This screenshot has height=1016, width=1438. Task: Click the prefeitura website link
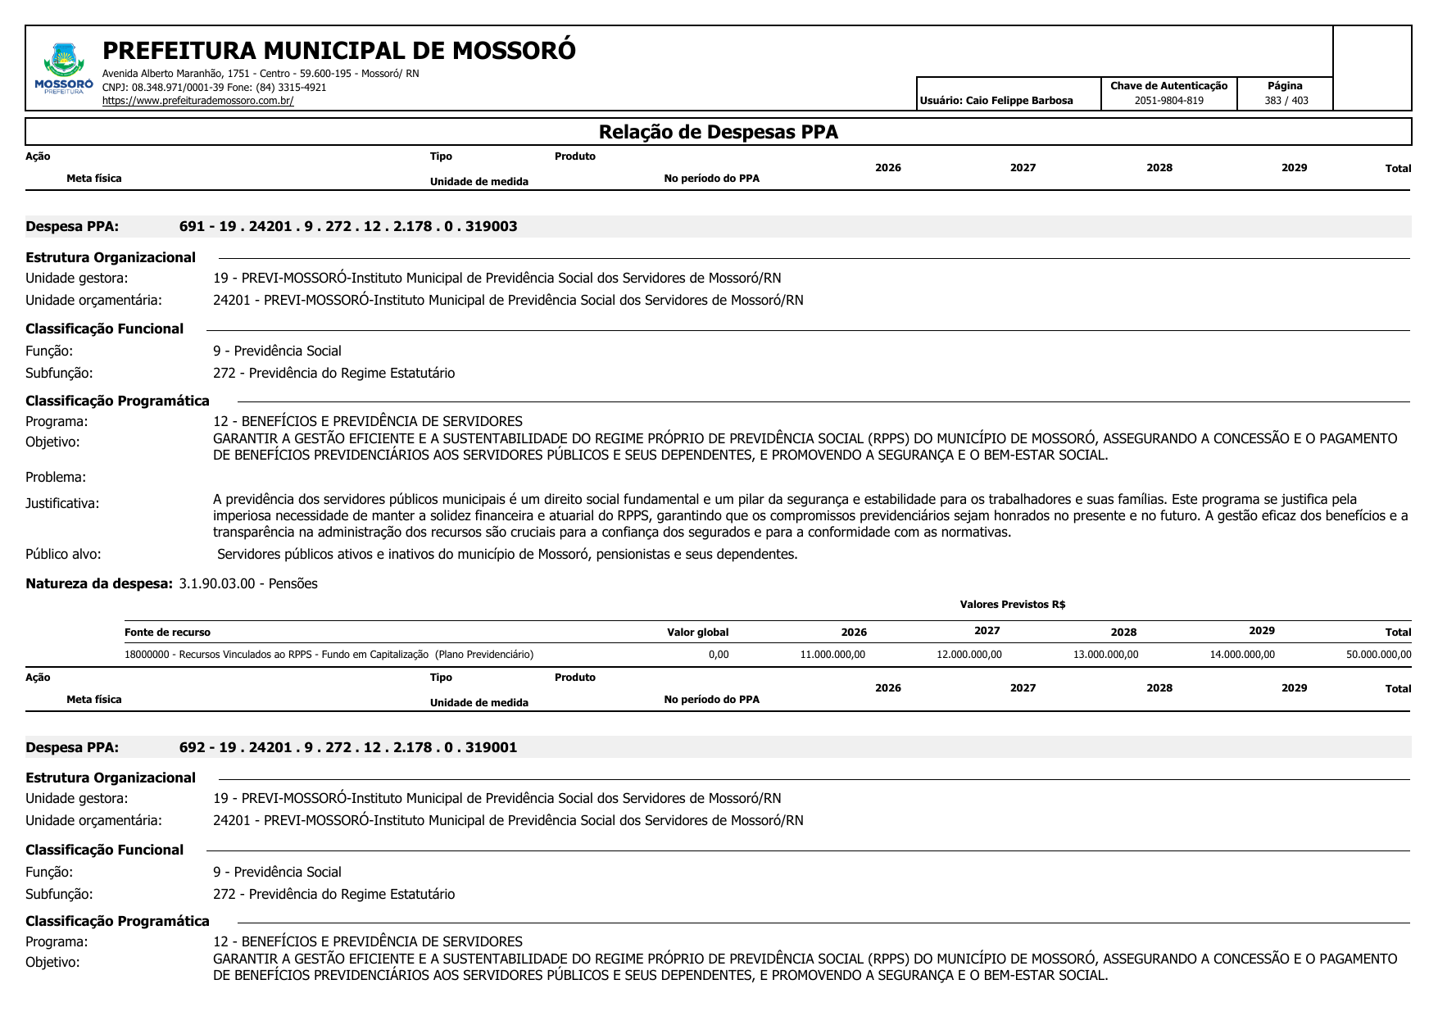(x=197, y=101)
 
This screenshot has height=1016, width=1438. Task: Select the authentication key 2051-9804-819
(x=1168, y=101)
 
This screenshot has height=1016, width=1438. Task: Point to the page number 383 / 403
(x=1286, y=101)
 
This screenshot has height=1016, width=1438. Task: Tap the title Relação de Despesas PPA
(x=718, y=132)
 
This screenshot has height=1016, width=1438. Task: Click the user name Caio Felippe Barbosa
(x=1018, y=101)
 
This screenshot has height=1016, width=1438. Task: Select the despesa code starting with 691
(x=348, y=226)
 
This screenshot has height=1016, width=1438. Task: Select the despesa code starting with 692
(x=348, y=747)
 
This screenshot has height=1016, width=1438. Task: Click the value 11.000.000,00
(x=832, y=655)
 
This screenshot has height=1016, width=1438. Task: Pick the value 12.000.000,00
(x=968, y=655)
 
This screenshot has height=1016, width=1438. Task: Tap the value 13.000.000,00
(x=1105, y=655)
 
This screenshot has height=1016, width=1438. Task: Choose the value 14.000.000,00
(x=1242, y=655)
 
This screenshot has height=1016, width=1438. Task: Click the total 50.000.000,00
(x=1378, y=655)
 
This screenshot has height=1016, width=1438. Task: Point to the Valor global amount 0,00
(x=718, y=655)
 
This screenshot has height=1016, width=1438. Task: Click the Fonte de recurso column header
(x=167, y=633)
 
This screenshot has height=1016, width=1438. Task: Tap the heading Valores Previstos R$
(x=1012, y=605)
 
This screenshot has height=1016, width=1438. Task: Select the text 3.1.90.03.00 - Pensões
(x=248, y=583)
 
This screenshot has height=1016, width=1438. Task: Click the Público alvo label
(x=63, y=554)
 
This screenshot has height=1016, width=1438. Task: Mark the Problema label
(x=56, y=477)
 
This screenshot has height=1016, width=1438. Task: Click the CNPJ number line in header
(x=214, y=87)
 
